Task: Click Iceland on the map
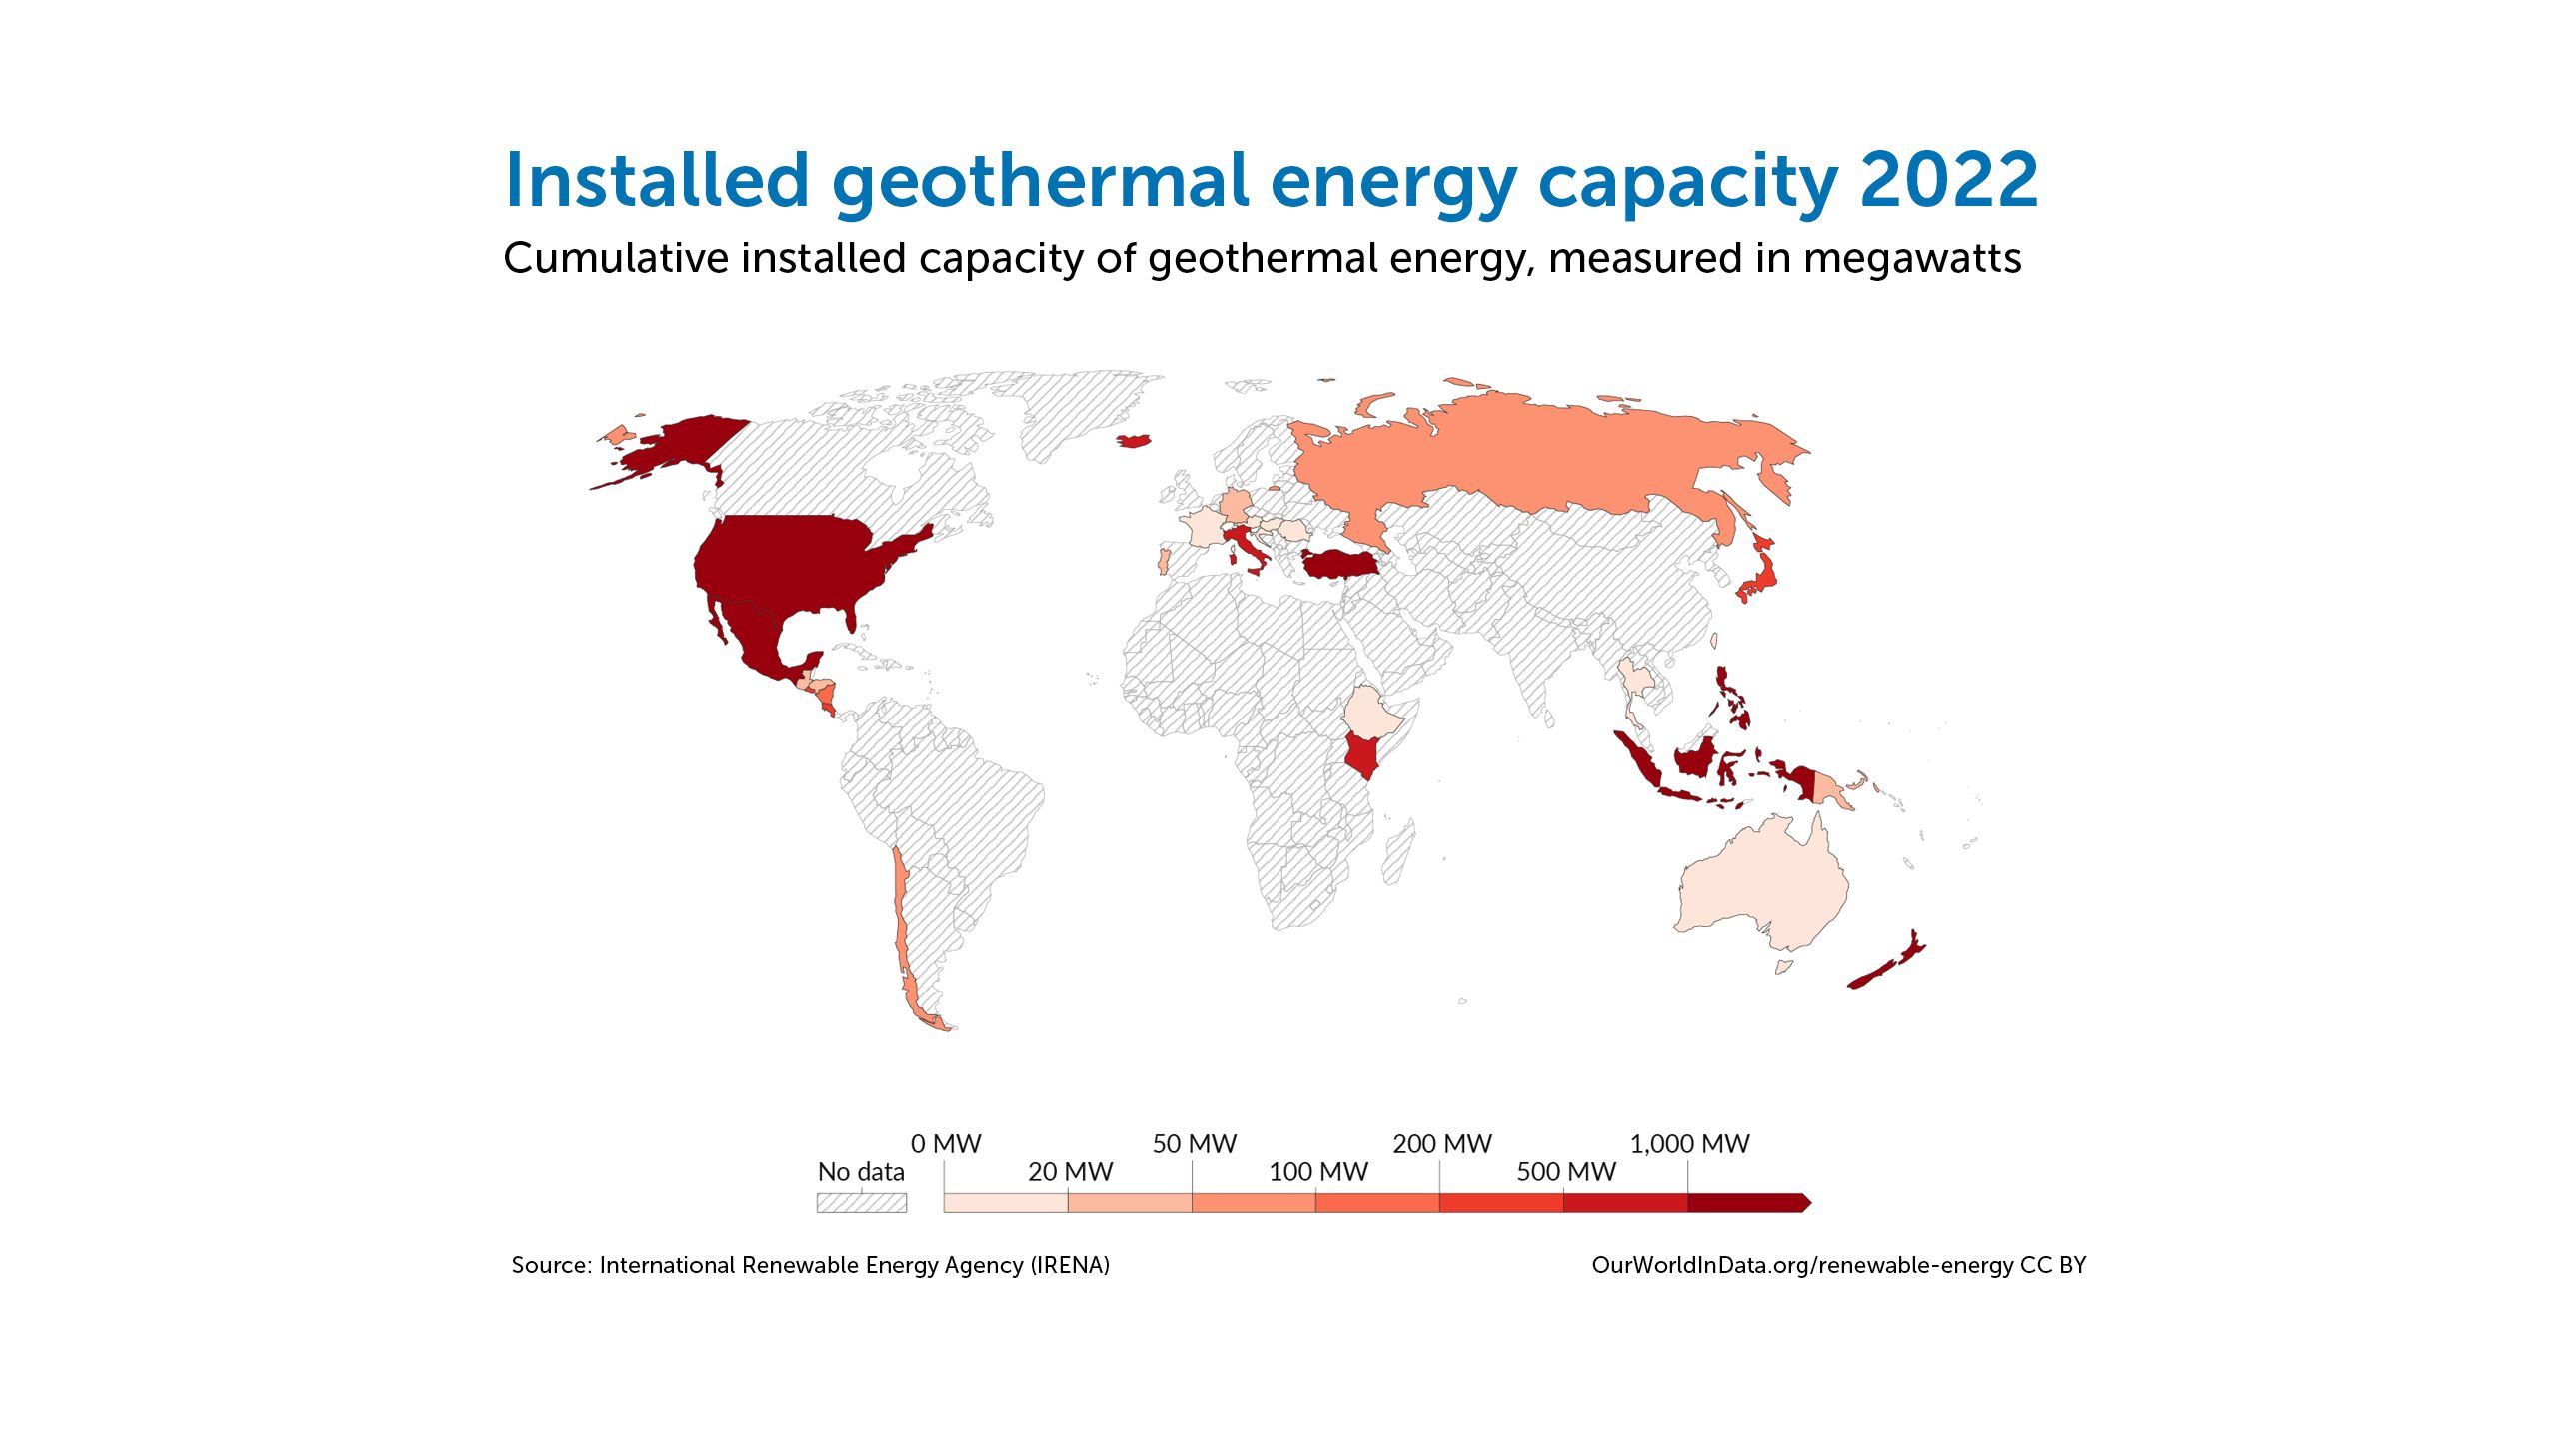pyautogui.click(x=1134, y=440)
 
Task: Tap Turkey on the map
pyautogui.click(x=1337, y=564)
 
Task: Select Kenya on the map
pyautogui.click(x=1363, y=754)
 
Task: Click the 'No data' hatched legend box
pyautogui.click(x=862, y=1202)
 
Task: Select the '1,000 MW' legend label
pyautogui.click(x=1689, y=1144)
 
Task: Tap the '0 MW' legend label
pyautogui.click(x=946, y=1144)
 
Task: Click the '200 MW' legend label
pyautogui.click(x=1442, y=1144)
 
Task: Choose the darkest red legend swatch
pyautogui.click(x=1748, y=1202)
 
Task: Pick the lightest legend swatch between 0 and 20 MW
pyautogui.click(x=1006, y=1202)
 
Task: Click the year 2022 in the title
pyautogui.click(x=1949, y=180)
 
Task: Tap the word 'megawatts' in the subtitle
pyautogui.click(x=1912, y=258)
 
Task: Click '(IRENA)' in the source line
pyautogui.click(x=1071, y=1265)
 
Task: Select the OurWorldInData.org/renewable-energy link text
pyautogui.click(x=1802, y=1265)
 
